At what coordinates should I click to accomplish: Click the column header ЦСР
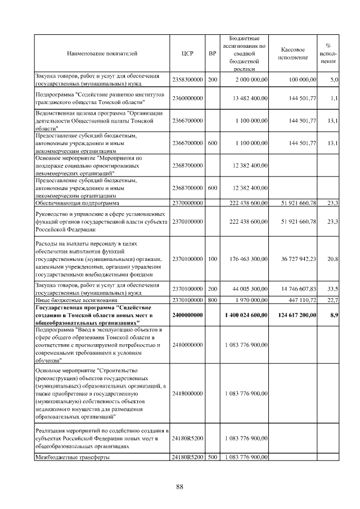(x=188, y=54)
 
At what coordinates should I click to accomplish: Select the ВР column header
(x=212, y=54)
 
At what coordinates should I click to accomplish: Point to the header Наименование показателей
(x=101, y=54)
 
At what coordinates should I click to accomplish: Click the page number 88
(x=180, y=487)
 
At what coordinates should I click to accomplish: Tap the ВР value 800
(x=212, y=300)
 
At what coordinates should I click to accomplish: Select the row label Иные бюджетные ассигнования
(x=73, y=300)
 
